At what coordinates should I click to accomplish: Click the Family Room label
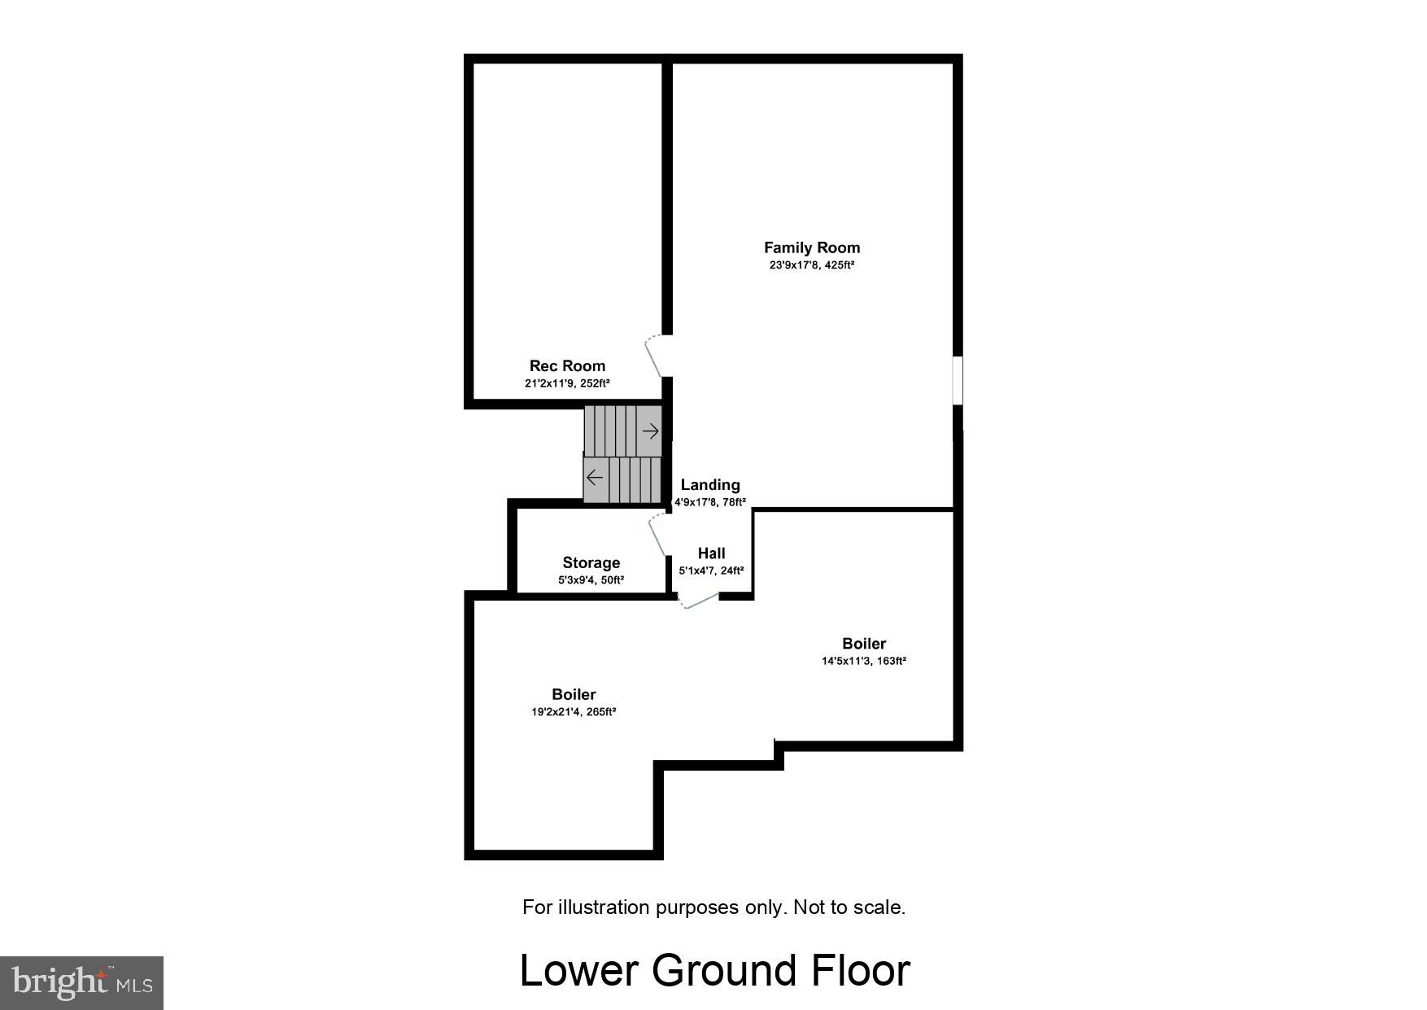click(x=811, y=247)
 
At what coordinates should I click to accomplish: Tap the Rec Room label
click(x=567, y=366)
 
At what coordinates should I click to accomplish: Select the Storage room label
click(x=591, y=562)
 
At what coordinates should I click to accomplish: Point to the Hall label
click(x=711, y=553)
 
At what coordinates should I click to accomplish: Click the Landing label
click(x=710, y=485)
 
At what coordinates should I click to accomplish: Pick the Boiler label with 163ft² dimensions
click(x=863, y=644)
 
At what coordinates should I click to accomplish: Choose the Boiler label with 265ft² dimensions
click(x=574, y=694)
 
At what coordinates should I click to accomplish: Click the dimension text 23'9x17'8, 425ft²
click(x=811, y=265)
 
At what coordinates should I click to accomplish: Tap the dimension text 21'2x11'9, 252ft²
click(x=567, y=383)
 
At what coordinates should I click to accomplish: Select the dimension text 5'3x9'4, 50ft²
click(x=591, y=580)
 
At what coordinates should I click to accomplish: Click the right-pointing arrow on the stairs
click(x=650, y=431)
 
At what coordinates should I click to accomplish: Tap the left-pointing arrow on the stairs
click(x=595, y=477)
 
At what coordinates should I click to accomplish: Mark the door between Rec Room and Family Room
click(x=656, y=356)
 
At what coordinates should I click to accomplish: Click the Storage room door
click(x=658, y=535)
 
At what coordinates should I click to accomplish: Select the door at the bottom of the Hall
click(x=699, y=601)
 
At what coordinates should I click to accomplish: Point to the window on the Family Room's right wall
click(x=958, y=379)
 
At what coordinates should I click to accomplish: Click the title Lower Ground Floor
click(x=714, y=970)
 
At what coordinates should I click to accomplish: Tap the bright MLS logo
click(x=82, y=983)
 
